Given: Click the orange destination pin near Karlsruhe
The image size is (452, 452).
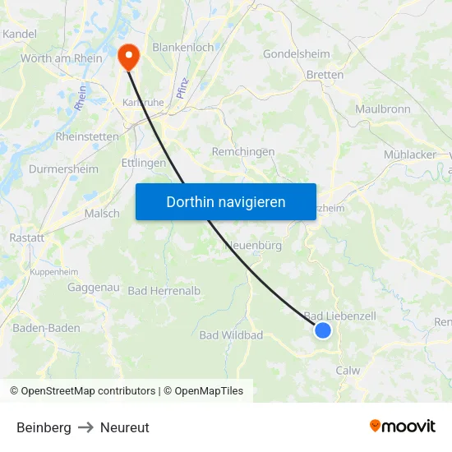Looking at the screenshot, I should [x=129, y=55].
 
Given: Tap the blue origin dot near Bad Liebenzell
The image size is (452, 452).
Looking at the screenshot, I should [x=323, y=330].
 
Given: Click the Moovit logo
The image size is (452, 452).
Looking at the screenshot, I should [x=402, y=427].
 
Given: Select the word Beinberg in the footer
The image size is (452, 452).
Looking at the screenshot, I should [x=44, y=427].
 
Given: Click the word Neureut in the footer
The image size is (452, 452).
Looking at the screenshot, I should [x=125, y=427].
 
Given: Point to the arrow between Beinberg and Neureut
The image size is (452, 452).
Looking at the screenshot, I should [x=85, y=427].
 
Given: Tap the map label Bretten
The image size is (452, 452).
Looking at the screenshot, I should [x=325, y=75].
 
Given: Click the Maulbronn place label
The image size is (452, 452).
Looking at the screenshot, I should [x=382, y=108].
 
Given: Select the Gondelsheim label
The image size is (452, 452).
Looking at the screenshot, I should [x=296, y=54].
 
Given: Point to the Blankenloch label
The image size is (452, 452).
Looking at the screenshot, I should [x=183, y=48].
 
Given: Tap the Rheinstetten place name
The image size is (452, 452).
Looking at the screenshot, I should [x=87, y=136].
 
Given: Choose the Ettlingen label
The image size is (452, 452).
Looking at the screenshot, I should [x=143, y=163].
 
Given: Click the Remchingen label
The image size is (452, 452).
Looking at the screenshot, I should [x=243, y=152].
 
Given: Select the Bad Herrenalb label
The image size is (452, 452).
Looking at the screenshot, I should [x=164, y=291].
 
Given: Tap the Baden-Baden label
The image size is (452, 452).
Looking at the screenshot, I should [x=46, y=328].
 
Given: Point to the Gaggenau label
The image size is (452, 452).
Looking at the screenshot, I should [x=94, y=288].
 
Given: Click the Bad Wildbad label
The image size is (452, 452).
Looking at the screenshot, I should [x=231, y=335].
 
